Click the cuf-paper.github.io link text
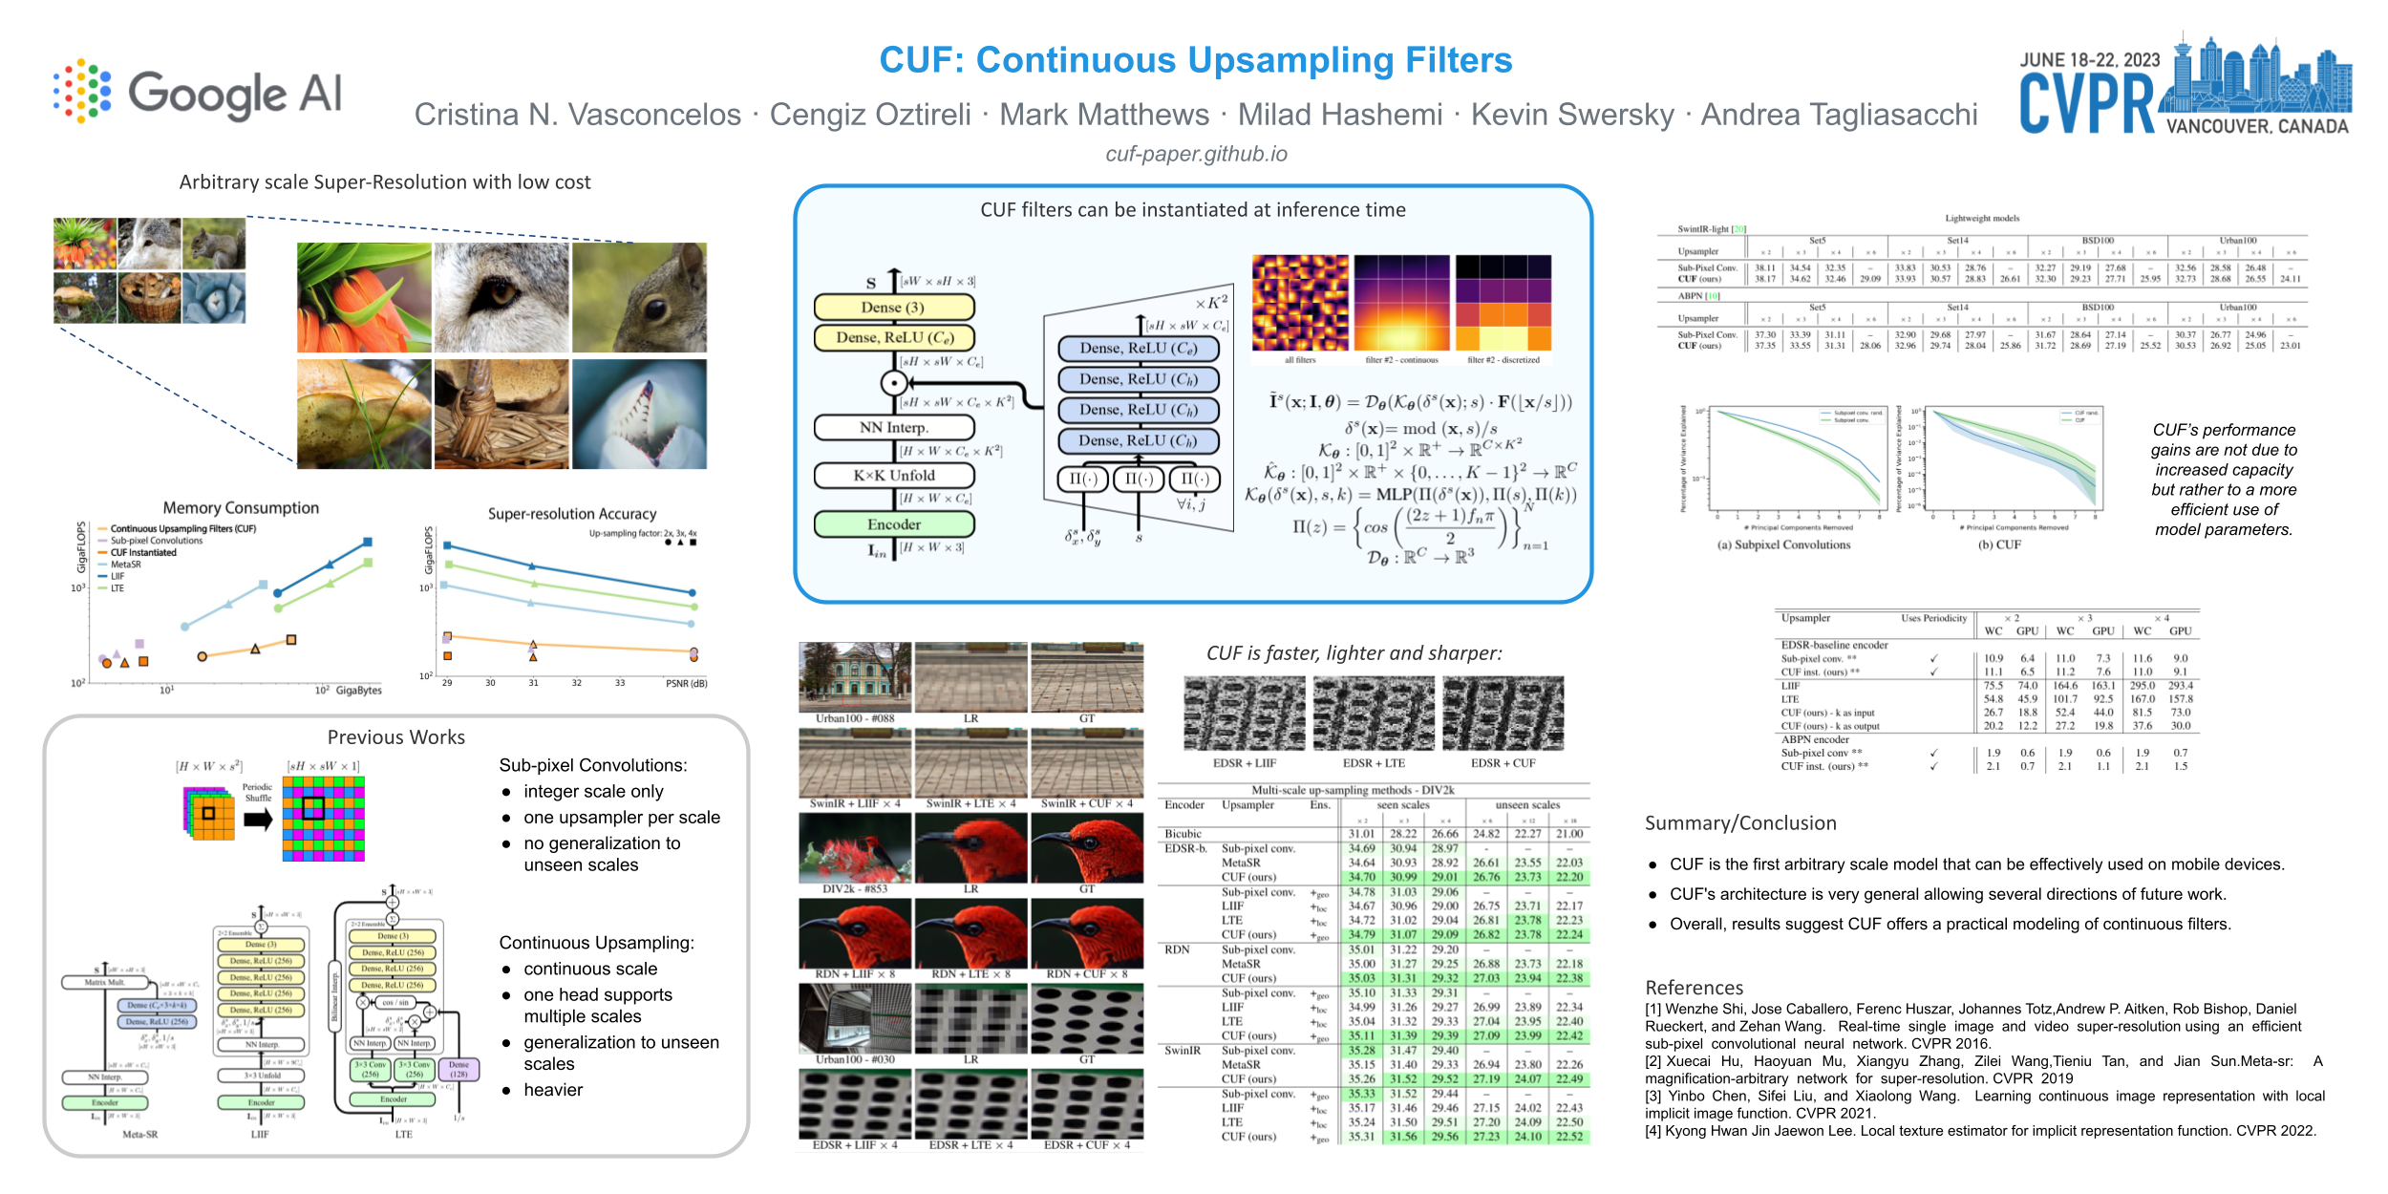point(1196,154)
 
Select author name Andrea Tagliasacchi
point(1839,115)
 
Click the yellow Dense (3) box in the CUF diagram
point(893,308)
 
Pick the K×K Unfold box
point(893,475)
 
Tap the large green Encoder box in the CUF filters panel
point(893,524)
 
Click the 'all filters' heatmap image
point(1300,304)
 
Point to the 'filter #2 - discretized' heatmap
point(1503,304)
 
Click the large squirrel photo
point(639,297)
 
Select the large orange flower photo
point(364,297)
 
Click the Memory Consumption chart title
point(241,508)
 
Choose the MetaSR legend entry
point(125,565)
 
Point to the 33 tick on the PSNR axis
point(620,683)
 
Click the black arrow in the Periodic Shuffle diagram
point(258,820)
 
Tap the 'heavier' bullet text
point(553,1090)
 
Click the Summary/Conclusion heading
point(1740,823)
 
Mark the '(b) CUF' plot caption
point(1999,544)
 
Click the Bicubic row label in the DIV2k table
point(1183,834)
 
